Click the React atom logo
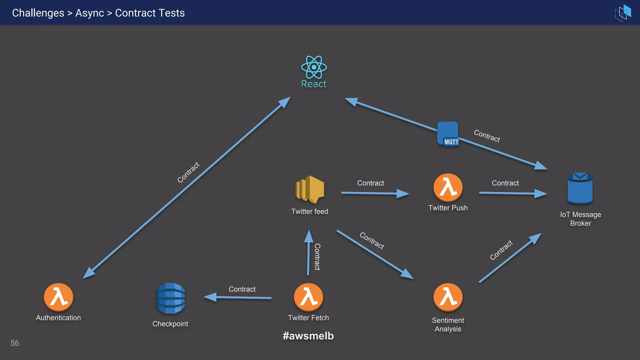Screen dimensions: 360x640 point(314,67)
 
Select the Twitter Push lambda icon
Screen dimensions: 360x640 point(448,187)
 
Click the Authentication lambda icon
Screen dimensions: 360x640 point(58,297)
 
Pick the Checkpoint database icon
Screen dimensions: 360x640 point(170,298)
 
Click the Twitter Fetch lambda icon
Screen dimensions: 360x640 point(308,297)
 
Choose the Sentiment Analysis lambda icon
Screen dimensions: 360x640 point(448,297)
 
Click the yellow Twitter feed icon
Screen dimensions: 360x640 point(310,189)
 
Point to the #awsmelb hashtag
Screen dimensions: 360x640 point(308,336)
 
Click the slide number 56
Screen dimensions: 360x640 point(15,343)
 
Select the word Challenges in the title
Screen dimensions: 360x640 point(38,13)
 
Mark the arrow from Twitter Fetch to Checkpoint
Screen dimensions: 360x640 point(237,297)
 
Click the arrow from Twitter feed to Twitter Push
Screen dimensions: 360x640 point(375,193)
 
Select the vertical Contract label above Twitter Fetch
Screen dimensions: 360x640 point(317,257)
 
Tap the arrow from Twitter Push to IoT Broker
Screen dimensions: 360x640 point(512,193)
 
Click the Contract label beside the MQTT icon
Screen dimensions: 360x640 point(487,136)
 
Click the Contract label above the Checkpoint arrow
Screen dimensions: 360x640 point(242,289)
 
